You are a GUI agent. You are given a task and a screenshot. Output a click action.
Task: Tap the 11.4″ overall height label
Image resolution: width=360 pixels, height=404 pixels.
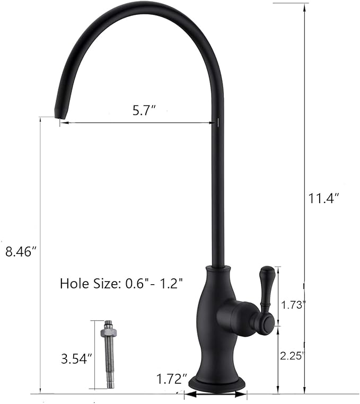pyautogui.click(x=323, y=199)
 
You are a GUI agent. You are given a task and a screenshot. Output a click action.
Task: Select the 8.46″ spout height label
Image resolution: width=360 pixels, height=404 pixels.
pyautogui.click(x=20, y=252)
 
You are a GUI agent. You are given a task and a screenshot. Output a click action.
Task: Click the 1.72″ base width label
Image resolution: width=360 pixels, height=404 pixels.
pyautogui.click(x=172, y=379)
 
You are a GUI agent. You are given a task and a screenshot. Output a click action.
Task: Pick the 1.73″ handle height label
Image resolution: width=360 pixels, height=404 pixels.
pyautogui.click(x=293, y=304)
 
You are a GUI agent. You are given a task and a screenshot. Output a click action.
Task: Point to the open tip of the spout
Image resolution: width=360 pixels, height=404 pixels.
pyautogui.click(x=59, y=113)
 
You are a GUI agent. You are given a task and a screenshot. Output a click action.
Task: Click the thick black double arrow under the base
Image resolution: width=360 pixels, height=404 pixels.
pyautogui.click(x=215, y=394)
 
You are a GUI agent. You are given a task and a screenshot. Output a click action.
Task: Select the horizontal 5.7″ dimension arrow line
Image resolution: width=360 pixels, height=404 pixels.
pyautogui.click(x=138, y=123)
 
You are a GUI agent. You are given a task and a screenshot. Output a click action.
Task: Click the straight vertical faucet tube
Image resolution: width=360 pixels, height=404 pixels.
pyautogui.click(x=217, y=201)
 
